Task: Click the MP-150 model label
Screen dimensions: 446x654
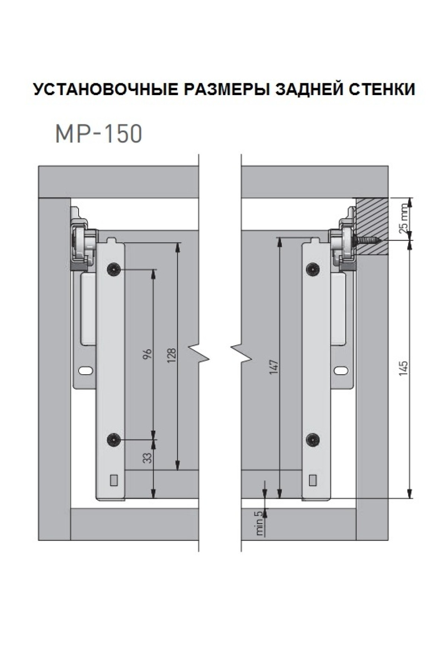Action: [98, 134]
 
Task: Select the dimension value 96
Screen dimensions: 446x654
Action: [148, 353]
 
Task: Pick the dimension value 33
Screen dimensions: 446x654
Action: [148, 457]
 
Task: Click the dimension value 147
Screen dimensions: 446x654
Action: [274, 367]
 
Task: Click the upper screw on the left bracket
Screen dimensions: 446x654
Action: [113, 269]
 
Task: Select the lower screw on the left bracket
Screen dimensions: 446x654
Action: [113, 440]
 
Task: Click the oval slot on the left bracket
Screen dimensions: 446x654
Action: [86, 370]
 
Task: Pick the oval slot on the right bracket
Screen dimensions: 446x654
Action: [340, 370]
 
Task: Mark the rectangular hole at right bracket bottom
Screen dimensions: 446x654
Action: [313, 480]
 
